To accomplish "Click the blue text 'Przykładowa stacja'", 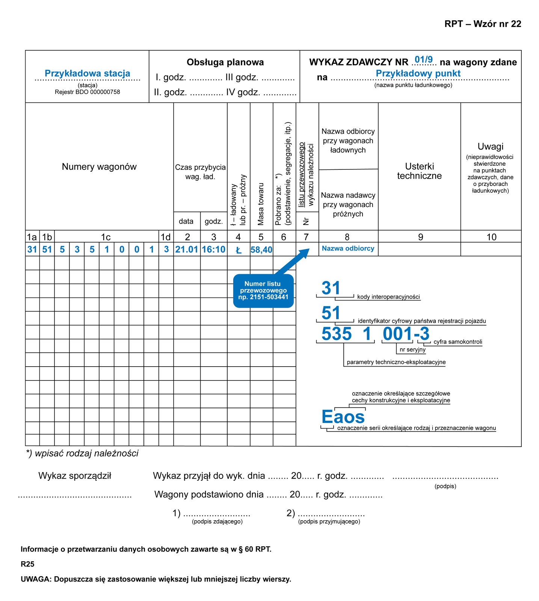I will coord(87,73).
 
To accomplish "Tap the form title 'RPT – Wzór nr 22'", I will coord(483,24).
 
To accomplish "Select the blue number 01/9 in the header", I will coord(423,60).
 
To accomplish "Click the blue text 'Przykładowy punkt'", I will coord(418,73).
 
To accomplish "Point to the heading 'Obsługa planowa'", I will coord(225,62).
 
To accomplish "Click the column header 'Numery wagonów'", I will coord(99,167).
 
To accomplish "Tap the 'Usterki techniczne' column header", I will coord(419,171).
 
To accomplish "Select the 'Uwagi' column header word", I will coord(490,146).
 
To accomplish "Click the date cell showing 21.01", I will coord(187,249).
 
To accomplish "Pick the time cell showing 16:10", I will coord(213,249).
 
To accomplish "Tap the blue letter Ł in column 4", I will coord(239,250).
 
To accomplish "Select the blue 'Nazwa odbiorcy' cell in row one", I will coord(348,249).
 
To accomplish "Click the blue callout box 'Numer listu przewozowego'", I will coord(263,291).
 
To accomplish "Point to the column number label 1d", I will coord(166,237).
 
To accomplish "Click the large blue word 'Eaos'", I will coord(343,417).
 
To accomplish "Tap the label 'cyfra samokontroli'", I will coord(457,342).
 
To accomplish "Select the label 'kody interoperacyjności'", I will coord(388,297).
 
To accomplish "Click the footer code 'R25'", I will coord(27,564).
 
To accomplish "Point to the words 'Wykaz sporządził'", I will coord(75,476).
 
